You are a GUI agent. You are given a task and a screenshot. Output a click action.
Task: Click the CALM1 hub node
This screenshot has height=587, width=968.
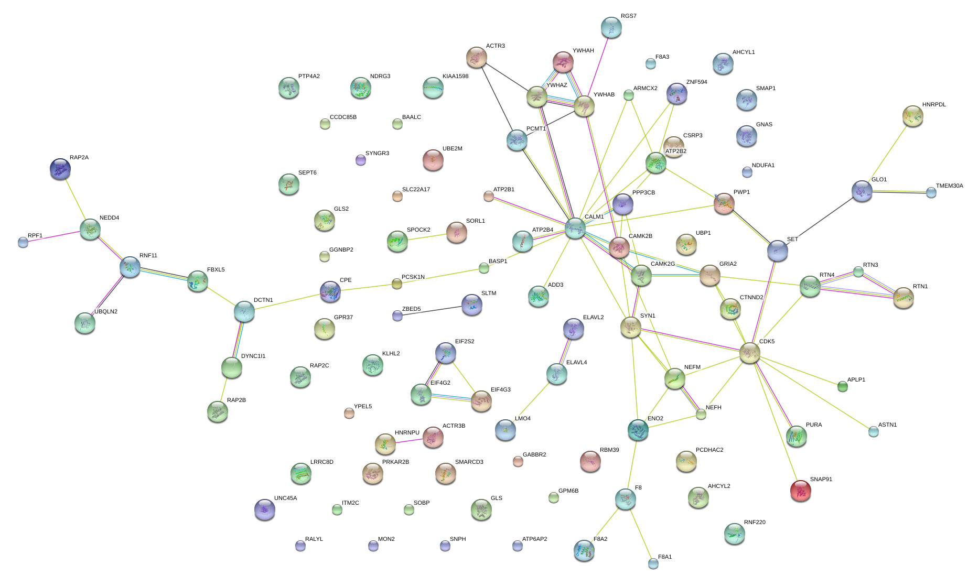coord(575,228)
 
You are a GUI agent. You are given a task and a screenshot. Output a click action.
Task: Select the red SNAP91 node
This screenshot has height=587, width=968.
coord(800,490)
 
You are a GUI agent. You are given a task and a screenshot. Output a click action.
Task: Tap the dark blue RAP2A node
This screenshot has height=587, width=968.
coord(60,169)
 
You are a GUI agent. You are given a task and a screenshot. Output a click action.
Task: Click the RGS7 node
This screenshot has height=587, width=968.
coord(611,27)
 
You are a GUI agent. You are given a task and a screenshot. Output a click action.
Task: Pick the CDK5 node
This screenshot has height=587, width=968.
coord(750,353)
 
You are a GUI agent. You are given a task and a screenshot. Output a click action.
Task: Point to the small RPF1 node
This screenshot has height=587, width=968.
coord(23,242)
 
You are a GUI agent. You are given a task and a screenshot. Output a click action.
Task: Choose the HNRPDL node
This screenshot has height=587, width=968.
coord(913,116)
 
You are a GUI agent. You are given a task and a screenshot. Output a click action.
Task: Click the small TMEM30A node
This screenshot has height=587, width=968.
coord(931,192)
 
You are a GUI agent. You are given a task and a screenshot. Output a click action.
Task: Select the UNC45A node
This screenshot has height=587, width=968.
coord(264,509)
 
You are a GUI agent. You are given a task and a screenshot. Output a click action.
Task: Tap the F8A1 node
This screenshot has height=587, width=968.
coord(653,563)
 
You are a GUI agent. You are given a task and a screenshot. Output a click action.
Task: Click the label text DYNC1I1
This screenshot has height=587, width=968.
coord(253,356)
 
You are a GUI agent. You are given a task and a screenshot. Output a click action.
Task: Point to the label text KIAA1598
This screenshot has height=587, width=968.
coord(455,77)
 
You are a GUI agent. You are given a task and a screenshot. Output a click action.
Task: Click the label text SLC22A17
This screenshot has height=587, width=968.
coord(416,190)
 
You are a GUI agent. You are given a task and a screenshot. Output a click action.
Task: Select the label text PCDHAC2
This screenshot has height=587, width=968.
coord(709,450)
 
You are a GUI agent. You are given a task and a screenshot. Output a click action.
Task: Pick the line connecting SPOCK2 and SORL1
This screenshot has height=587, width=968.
coord(427,237)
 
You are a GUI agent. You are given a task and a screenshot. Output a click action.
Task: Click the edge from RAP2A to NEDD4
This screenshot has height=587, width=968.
coord(75,199)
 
